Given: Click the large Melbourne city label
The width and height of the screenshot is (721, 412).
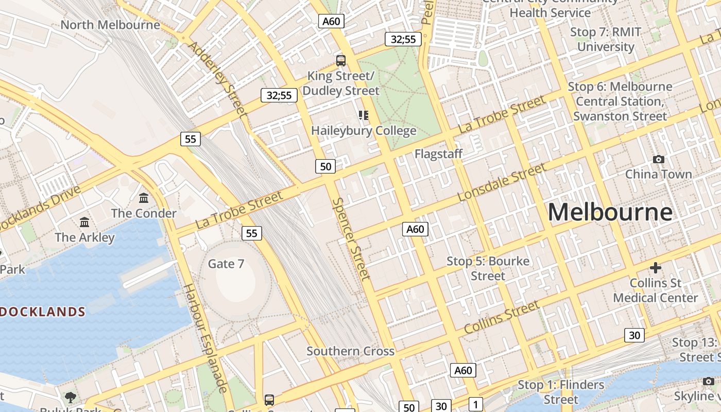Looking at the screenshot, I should (x=610, y=212).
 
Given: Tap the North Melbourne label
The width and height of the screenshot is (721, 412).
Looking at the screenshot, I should (x=110, y=25).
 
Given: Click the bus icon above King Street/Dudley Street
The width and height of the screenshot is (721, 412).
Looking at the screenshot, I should (x=341, y=60).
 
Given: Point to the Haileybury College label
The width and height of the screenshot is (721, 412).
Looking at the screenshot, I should (x=364, y=131).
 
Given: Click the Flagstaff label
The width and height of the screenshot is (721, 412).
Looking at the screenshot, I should (x=438, y=153).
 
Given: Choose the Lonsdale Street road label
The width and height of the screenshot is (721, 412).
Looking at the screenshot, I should (x=502, y=183).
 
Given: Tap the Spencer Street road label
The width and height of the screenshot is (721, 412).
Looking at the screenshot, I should (x=351, y=239).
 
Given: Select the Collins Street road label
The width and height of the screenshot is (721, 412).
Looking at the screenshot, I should (x=502, y=317).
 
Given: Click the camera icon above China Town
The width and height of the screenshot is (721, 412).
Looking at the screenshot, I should (x=658, y=160).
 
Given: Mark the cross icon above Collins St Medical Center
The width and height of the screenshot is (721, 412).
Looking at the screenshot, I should (x=655, y=268).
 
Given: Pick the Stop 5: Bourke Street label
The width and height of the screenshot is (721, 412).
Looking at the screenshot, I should (x=488, y=268).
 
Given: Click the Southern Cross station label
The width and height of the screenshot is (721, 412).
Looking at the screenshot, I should (x=350, y=351).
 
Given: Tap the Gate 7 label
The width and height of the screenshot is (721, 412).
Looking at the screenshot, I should (x=226, y=264).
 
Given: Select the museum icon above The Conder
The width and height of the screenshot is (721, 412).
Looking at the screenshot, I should (x=144, y=198).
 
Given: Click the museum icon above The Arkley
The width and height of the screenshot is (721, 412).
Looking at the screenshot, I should (x=84, y=222).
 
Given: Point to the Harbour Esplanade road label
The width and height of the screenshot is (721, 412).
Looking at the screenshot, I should (x=205, y=338).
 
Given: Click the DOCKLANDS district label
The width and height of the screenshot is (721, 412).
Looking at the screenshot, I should (x=43, y=312).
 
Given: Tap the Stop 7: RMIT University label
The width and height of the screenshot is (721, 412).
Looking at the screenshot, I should (x=605, y=39).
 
